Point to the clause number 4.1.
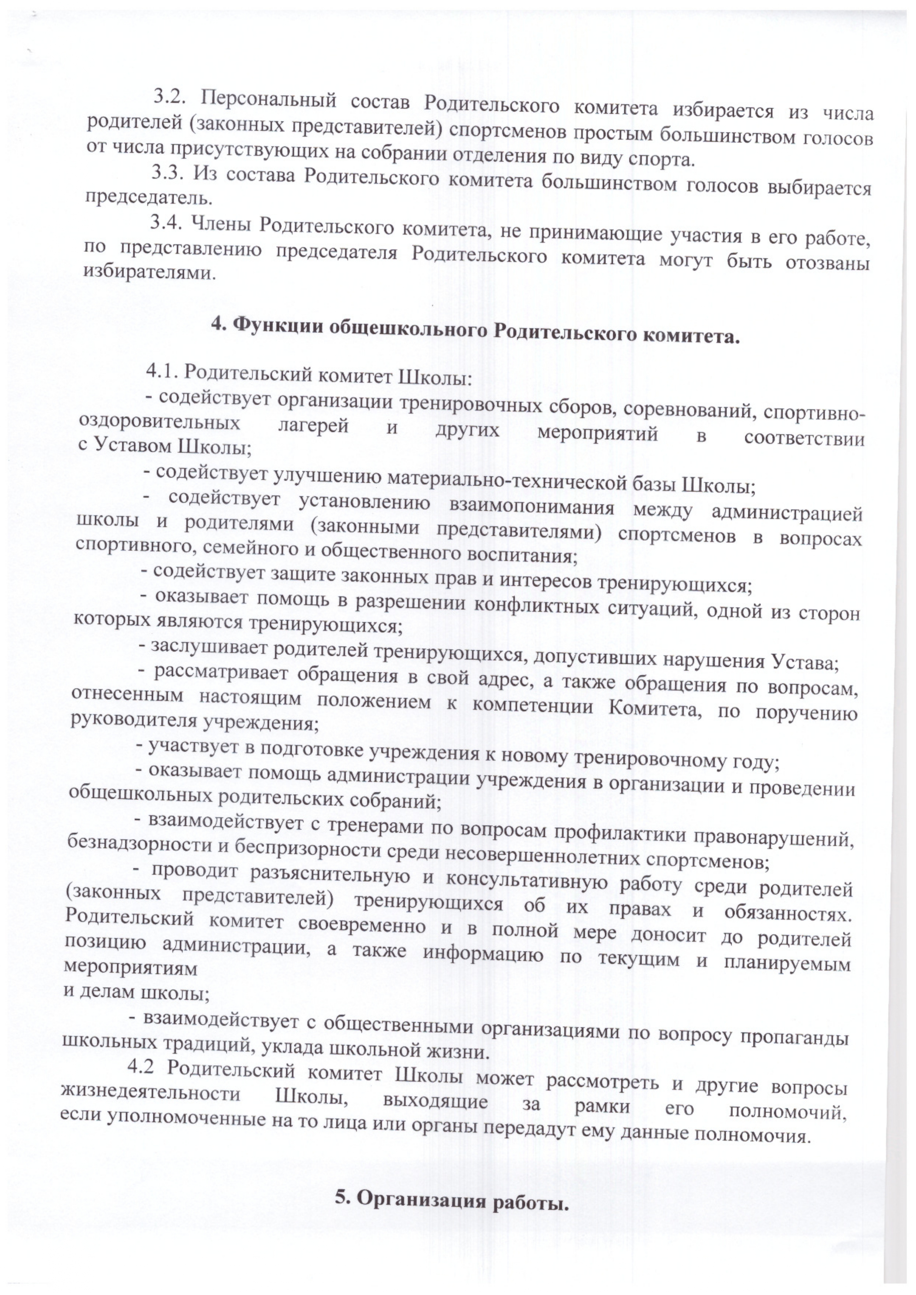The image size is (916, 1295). [162, 371]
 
